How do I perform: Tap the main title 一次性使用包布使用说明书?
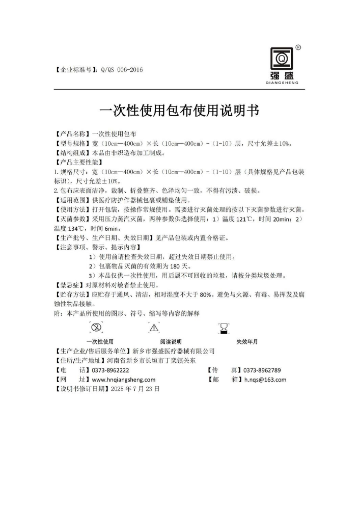[179, 111]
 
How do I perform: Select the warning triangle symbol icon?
[154, 328]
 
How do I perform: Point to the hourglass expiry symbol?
[223, 328]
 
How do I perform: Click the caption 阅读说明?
[171, 341]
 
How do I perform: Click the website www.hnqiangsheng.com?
[124, 379]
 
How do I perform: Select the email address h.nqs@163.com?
[265, 379]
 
